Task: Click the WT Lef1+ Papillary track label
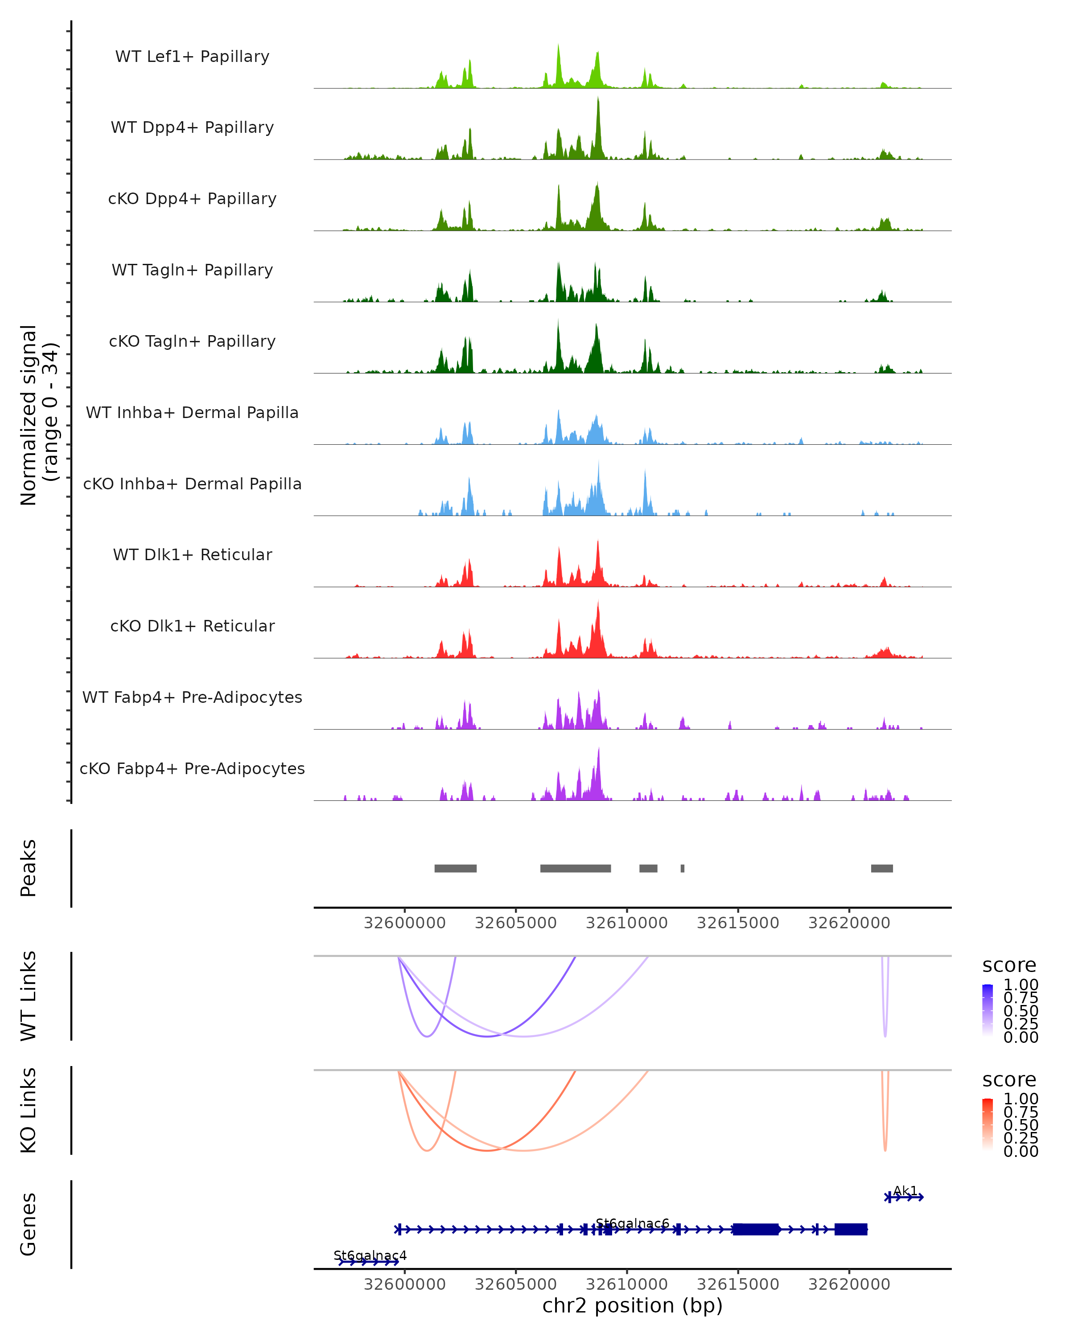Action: tap(192, 57)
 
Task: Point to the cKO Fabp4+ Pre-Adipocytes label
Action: tap(192, 768)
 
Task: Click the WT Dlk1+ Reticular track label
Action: tap(192, 554)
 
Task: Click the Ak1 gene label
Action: tap(905, 1191)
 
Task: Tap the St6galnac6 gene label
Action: tap(632, 1223)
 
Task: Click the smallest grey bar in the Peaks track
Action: tap(682, 868)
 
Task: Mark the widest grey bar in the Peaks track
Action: tap(575, 868)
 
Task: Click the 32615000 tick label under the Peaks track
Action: tap(737, 923)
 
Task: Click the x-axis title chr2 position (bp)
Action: tap(632, 1305)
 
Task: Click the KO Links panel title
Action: tap(28, 1110)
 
